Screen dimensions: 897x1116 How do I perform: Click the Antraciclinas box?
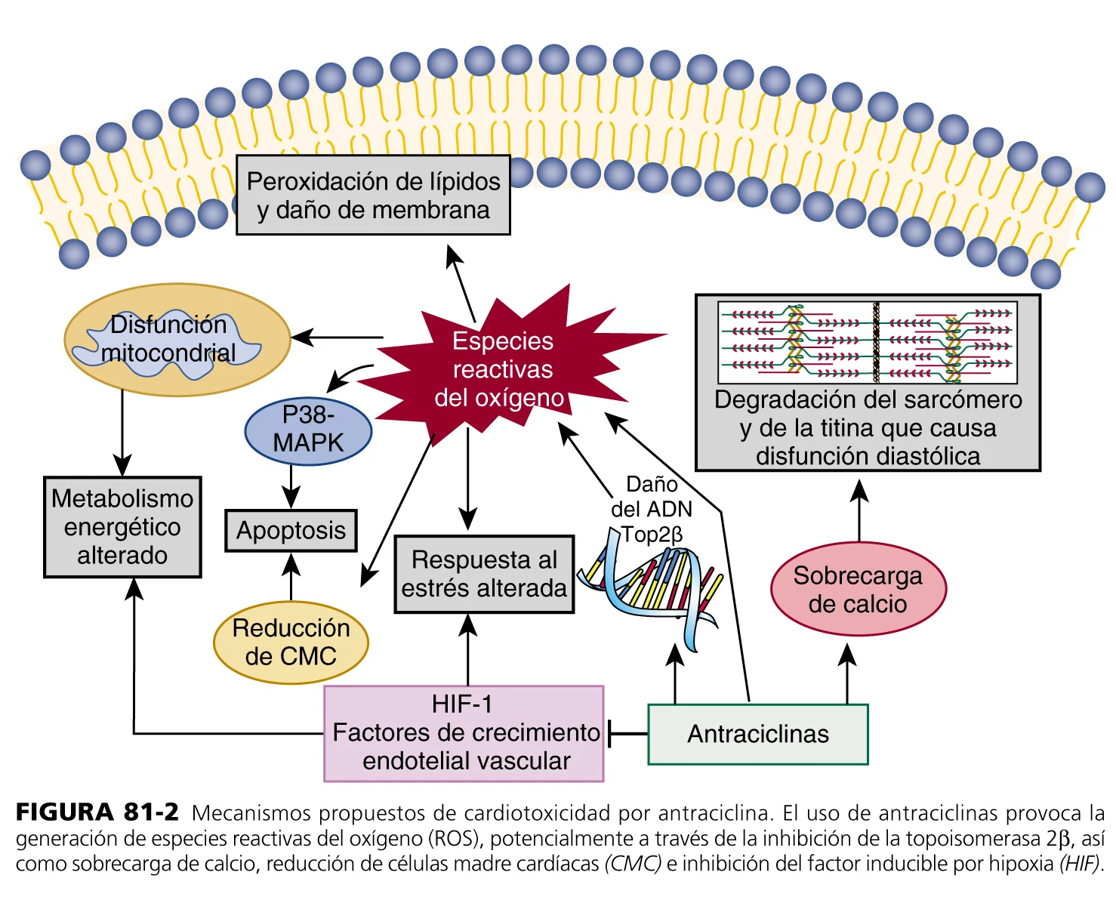(758, 734)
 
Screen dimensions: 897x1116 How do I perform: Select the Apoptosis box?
(291, 530)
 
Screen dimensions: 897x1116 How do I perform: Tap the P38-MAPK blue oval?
(308, 429)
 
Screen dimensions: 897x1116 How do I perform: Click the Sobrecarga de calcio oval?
(858, 589)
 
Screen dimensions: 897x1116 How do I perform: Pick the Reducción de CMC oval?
(291, 642)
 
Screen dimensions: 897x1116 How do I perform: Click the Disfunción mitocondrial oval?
(177, 340)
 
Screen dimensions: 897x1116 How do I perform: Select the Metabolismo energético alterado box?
(122, 527)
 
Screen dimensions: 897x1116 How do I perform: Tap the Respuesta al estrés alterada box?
(484, 574)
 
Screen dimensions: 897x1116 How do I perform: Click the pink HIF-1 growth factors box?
(464, 733)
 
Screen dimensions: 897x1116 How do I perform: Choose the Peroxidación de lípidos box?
(373, 196)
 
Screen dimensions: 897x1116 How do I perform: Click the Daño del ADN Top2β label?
(652, 509)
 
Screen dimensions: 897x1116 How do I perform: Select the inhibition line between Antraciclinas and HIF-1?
(627, 733)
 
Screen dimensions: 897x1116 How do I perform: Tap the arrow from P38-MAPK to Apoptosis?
(291, 486)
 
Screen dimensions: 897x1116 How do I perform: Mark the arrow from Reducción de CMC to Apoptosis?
(291, 578)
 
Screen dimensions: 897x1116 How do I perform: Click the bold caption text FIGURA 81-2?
(97, 812)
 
